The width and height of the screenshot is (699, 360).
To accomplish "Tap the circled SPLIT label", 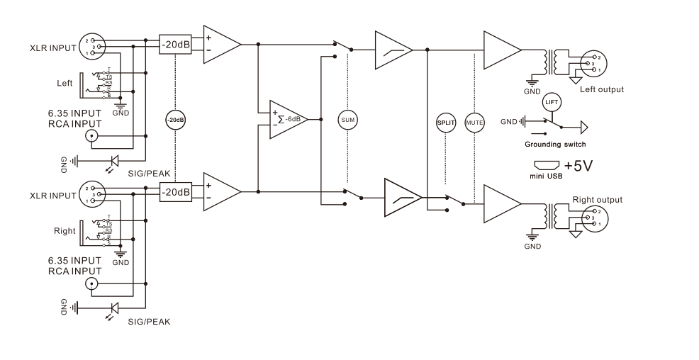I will pyautogui.click(x=444, y=123).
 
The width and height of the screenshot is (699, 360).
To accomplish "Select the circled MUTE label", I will pyautogui.click(x=473, y=123).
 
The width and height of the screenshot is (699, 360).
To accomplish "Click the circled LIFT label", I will pyautogui.click(x=551, y=102).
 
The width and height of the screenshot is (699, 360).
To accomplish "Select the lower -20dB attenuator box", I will pyautogui.click(x=174, y=191).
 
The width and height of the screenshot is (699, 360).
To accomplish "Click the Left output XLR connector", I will pyautogui.click(x=591, y=64).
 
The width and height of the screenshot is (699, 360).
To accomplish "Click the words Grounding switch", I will pyautogui.click(x=555, y=145).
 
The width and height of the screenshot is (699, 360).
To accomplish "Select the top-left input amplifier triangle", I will pyautogui.click(x=220, y=44).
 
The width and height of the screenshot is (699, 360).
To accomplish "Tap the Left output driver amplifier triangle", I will pyautogui.click(x=501, y=49).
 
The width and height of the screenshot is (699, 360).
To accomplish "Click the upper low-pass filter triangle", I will pyautogui.click(x=393, y=50).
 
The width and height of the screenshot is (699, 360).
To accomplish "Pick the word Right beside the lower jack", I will pyautogui.click(x=65, y=231).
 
